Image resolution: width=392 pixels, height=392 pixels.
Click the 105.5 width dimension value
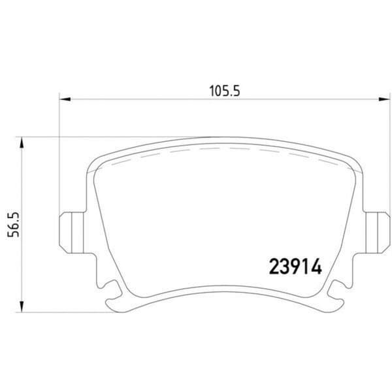coord(225,91)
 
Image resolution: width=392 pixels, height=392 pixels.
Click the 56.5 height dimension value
coord(14,225)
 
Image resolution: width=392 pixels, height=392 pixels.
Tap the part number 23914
coord(295,267)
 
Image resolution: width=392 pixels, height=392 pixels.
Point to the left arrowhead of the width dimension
coord(65,99)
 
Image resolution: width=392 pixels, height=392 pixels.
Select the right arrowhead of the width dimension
coord(384,99)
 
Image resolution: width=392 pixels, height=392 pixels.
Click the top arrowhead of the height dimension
coord(22,143)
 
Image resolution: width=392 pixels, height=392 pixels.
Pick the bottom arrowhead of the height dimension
coord(22,306)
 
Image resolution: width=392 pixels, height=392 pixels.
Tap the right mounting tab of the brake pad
coord(377,233)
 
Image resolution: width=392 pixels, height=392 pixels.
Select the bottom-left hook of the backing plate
coord(115,304)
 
